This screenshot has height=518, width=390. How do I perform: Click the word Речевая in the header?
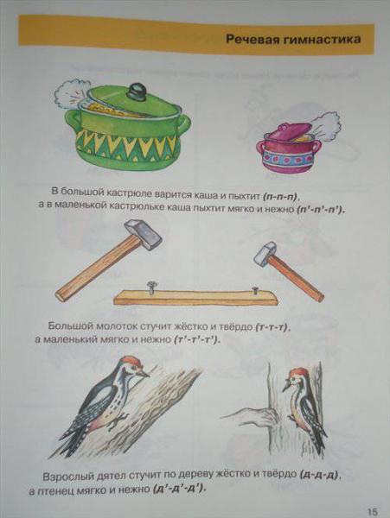pyautogui.click(x=253, y=40)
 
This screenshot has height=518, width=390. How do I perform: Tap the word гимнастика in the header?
pyautogui.click(x=322, y=40)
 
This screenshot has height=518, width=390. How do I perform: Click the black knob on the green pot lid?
pyautogui.click(x=137, y=91)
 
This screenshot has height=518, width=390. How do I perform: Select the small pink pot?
pyautogui.click(x=289, y=147)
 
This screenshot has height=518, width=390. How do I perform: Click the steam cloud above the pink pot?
pyautogui.click(x=327, y=125)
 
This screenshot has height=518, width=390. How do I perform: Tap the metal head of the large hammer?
pyautogui.click(x=143, y=234)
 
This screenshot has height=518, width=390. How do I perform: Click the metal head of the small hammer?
pyautogui.click(x=265, y=254)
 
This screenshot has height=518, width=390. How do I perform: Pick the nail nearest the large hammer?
pyautogui.click(x=151, y=287)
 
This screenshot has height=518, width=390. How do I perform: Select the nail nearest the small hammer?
pyautogui.click(x=255, y=290)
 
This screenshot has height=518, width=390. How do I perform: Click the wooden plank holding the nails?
pyautogui.click(x=195, y=298)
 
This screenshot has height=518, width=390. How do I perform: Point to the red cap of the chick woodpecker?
pyautogui.click(x=298, y=373)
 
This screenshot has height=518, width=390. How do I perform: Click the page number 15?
pyautogui.click(x=372, y=511)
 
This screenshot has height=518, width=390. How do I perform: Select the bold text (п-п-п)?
pyautogui.click(x=281, y=197)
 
